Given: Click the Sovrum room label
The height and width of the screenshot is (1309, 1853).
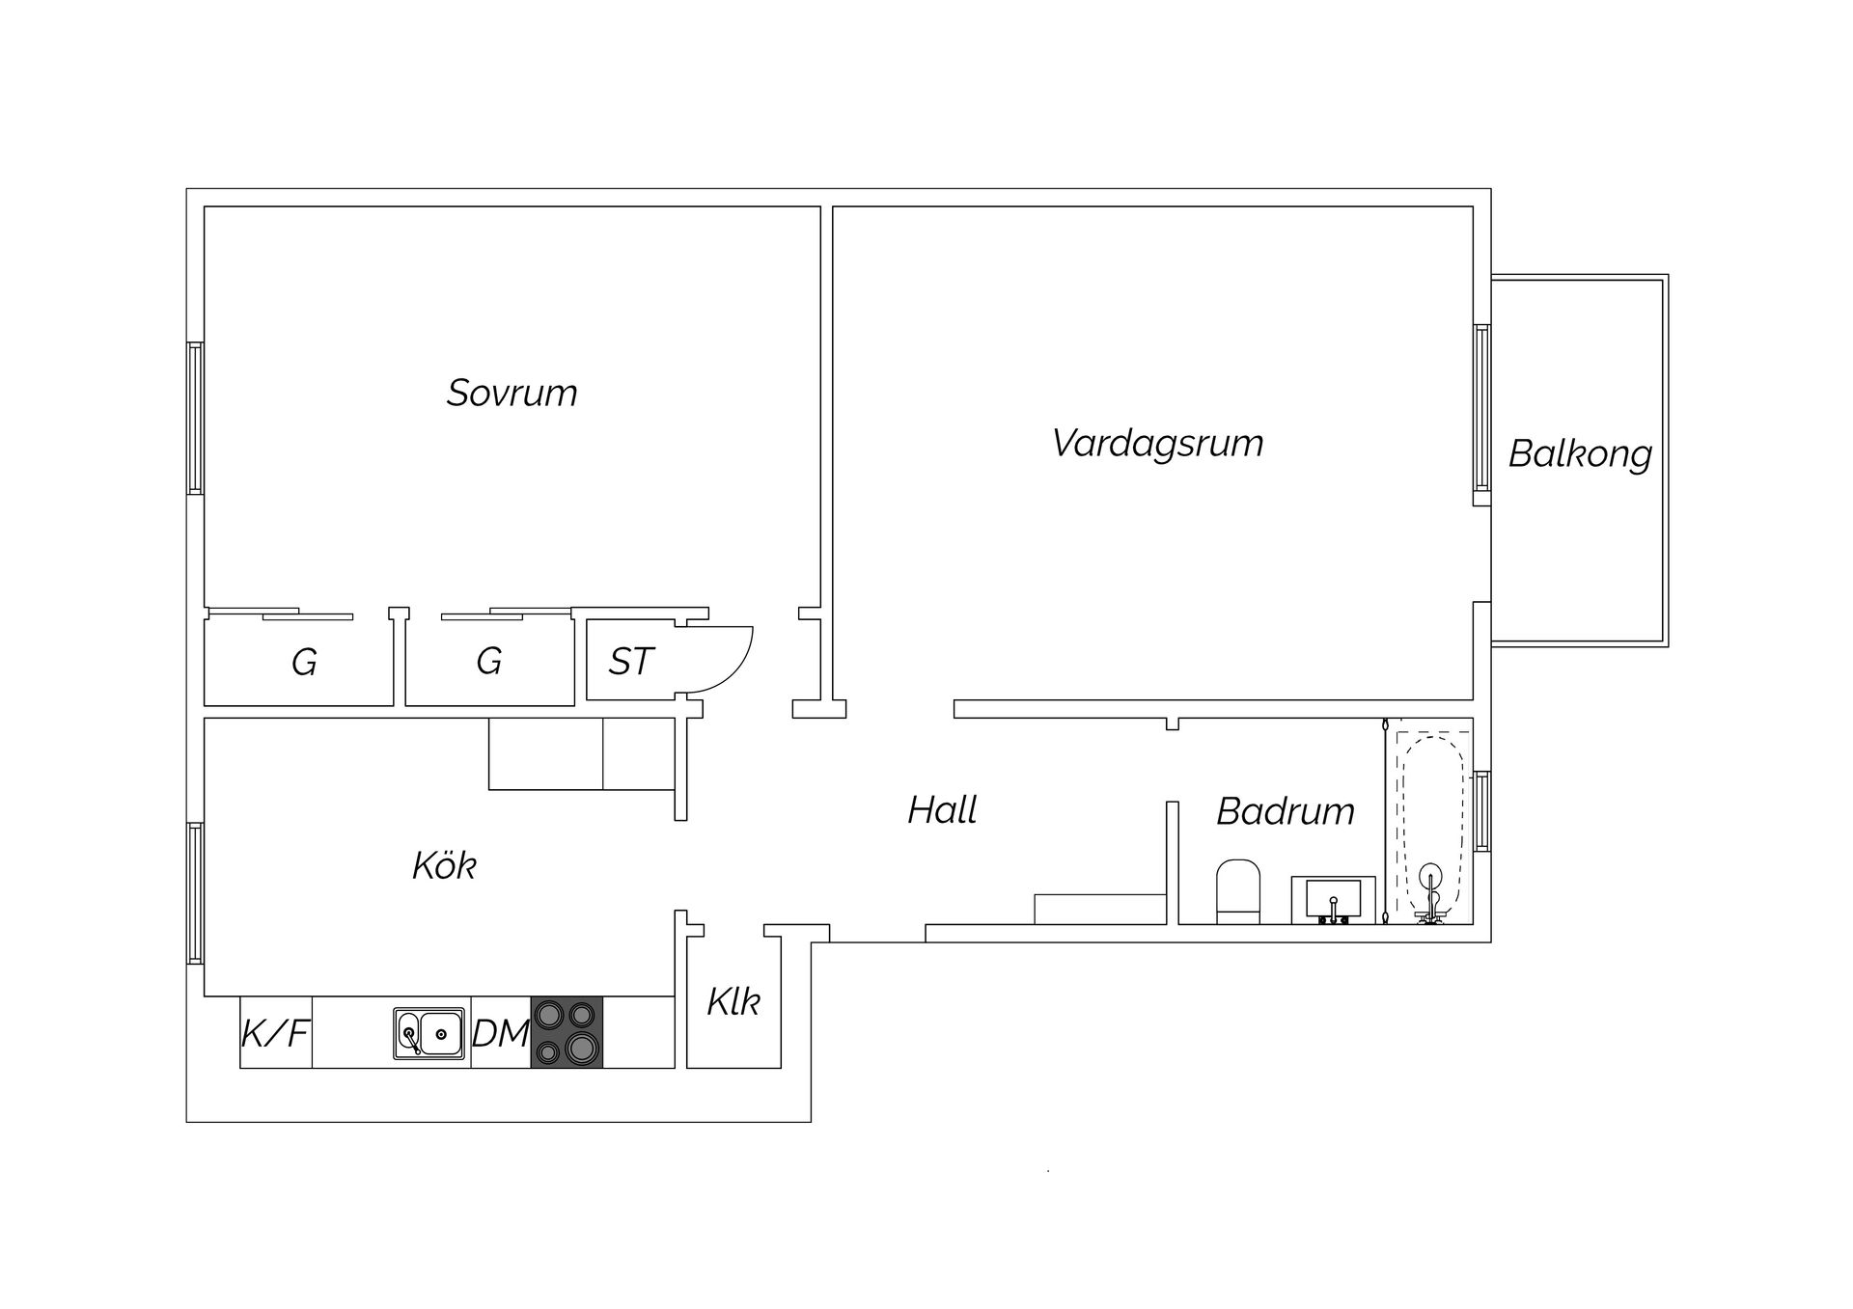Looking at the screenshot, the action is click(512, 393).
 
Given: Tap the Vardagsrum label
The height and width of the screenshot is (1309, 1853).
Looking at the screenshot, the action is click(1157, 444).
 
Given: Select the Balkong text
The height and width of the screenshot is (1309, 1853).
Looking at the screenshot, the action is click(1580, 453).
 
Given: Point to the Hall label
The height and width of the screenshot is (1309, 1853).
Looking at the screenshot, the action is click(942, 810).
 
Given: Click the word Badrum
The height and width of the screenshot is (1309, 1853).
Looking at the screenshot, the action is click(1286, 811).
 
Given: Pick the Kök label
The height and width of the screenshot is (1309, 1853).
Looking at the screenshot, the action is click(444, 865).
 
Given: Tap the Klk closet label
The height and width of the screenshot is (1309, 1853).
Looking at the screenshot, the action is click(733, 1002).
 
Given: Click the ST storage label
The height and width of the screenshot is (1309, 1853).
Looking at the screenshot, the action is click(631, 662).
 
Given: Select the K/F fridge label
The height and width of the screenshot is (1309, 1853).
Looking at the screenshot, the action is click(275, 1033).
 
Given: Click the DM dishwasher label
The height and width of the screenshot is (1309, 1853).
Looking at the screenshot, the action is click(500, 1034).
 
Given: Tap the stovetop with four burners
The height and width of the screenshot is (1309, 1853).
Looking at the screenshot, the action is click(567, 1032).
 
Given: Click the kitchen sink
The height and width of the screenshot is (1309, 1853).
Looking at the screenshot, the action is click(429, 1033).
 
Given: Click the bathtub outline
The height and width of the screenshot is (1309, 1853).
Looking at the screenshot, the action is click(1431, 825).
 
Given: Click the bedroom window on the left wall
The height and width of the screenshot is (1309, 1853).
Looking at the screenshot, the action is click(195, 419).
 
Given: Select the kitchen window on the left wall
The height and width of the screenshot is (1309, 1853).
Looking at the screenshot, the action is click(195, 893).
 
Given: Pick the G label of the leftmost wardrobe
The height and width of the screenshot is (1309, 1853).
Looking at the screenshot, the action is click(304, 663).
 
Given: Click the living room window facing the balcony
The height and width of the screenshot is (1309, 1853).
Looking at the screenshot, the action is click(1482, 415).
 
